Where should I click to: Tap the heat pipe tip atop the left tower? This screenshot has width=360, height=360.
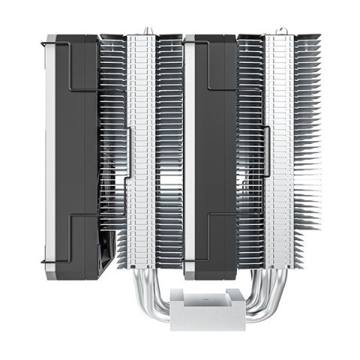[x=143, y=30]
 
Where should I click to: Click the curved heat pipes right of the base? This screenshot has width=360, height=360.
[x=255, y=292]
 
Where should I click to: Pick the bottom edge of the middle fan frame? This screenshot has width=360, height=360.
[x=217, y=278]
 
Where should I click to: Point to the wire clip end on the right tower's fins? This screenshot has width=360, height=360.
[x=268, y=150]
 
